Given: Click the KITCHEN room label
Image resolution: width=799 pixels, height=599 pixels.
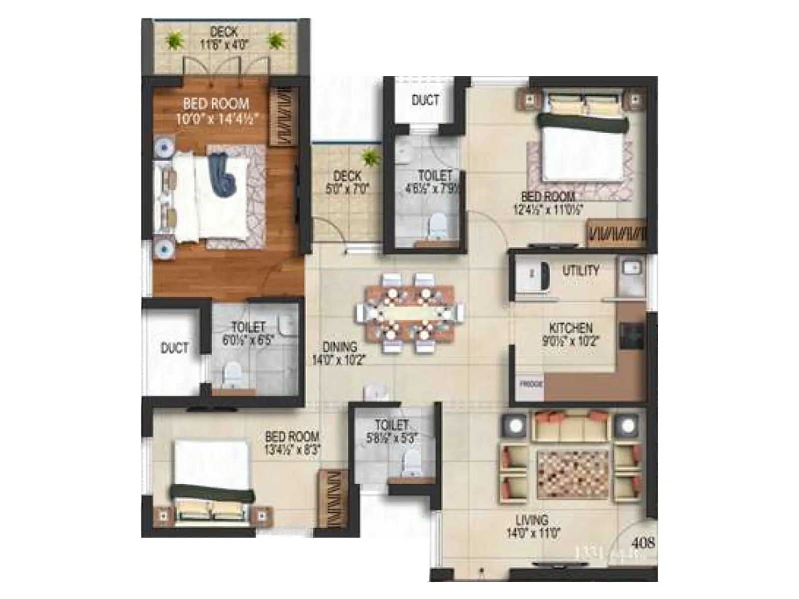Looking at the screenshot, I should click(571, 328).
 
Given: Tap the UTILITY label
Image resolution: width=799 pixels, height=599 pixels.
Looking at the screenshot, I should click(581, 270).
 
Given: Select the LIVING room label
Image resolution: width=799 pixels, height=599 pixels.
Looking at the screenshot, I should click(532, 520).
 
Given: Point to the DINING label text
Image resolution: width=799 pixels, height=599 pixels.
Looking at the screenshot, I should click(340, 347).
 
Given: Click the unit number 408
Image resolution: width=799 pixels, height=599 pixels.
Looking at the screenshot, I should click(643, 542).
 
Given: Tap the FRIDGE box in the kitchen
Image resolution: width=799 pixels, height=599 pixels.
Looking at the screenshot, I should click(530, 385).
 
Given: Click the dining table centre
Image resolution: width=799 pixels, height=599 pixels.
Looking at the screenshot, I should click(409, 313).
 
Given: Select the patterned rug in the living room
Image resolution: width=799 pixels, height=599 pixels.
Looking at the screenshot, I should click(572, 473).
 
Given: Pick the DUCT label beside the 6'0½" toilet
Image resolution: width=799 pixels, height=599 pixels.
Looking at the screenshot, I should click(175, 348).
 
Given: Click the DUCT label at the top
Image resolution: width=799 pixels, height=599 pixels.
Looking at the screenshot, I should click(425, 100).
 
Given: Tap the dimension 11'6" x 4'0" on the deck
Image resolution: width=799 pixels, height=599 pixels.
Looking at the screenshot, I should click(224, 45).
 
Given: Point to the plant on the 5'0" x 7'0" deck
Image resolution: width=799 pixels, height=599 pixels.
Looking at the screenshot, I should click(370, 158).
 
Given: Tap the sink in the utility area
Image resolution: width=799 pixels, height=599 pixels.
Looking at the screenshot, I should click(631, 268).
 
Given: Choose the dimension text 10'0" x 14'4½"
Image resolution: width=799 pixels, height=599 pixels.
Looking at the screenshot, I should click(217, 119).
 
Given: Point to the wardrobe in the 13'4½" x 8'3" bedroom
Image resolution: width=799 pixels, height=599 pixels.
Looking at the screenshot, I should click(330, 498).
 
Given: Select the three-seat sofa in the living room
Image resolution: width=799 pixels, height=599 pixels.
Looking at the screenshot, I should click(569, 426).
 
